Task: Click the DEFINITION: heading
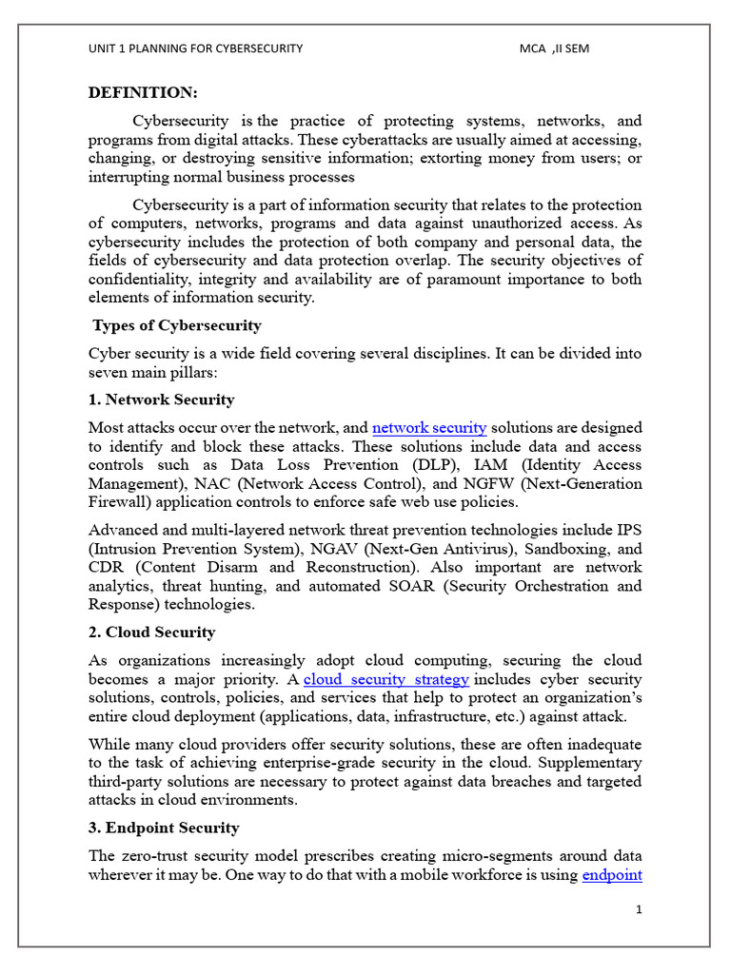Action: [143, 92]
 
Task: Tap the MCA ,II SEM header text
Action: [555, 49]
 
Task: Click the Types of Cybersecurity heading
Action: [176, 326]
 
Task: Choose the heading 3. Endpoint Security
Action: [164, 828]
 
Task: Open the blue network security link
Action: [429, 428]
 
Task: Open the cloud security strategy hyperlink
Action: [385, 679]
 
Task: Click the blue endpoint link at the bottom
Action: [611, 875]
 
